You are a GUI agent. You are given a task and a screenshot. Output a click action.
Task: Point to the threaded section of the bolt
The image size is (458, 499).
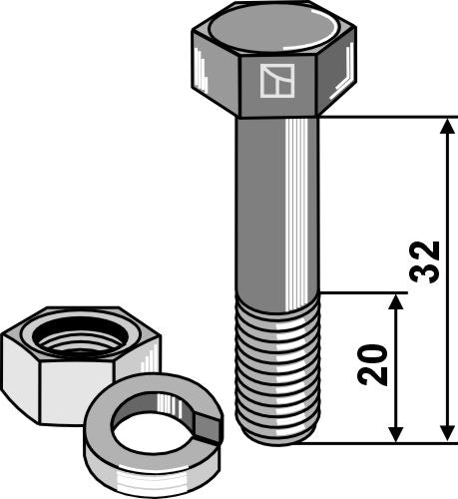[275, 369]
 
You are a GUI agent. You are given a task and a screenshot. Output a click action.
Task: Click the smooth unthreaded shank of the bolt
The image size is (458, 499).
[276, 210]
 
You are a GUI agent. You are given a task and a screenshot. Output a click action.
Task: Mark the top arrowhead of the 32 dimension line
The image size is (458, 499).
[445, 126]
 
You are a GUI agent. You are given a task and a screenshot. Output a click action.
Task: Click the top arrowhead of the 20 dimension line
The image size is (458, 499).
[397, 302]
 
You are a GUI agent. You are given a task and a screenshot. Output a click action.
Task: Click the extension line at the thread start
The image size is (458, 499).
[364, 294]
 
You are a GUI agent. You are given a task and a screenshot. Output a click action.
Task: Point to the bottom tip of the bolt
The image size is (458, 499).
[276, 438]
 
